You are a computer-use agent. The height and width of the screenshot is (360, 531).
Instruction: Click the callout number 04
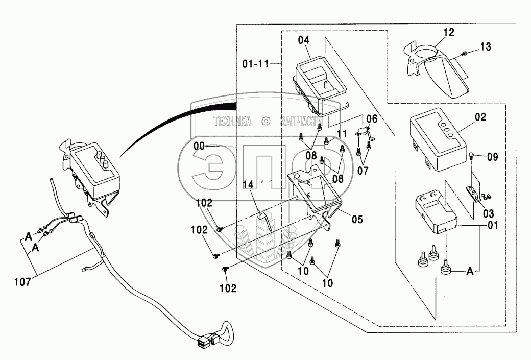click(x=304, y=39)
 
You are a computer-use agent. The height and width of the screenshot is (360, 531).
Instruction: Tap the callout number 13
click(x=485, y=47)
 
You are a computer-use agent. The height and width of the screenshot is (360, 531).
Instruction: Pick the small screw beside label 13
click(x=465, y=53)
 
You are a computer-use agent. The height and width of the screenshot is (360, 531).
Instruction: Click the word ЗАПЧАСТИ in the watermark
click(x=300, y=122)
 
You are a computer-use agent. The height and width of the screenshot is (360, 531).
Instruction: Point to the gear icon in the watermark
click(x=265, y=122)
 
